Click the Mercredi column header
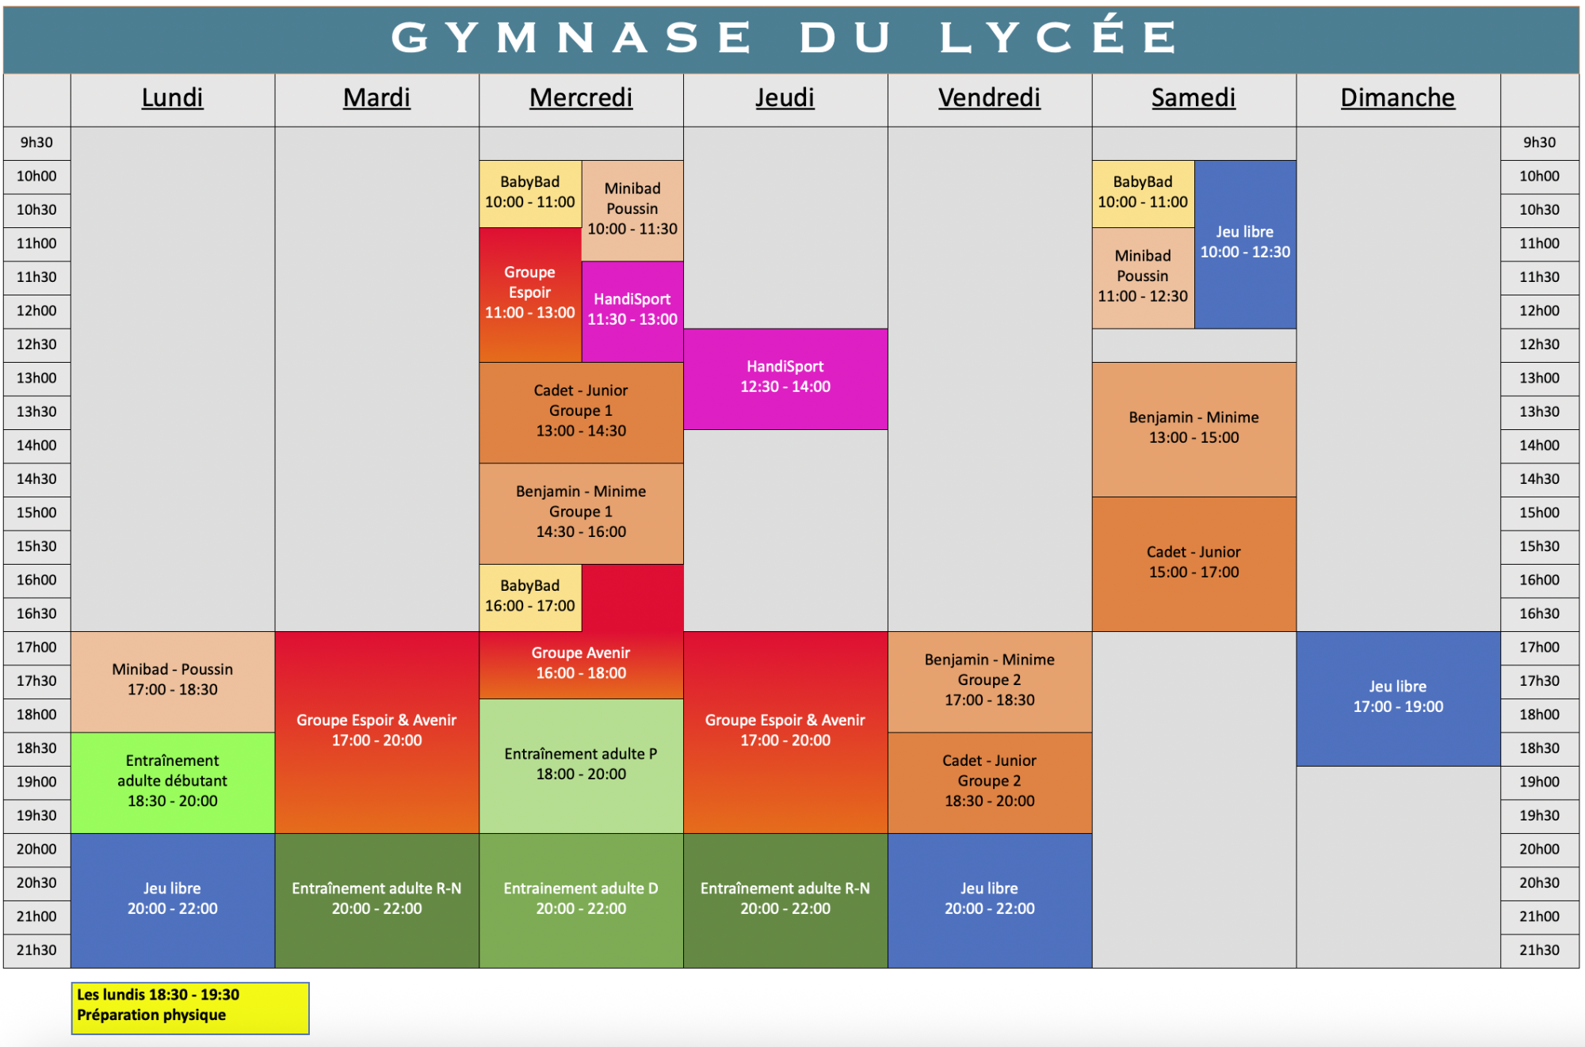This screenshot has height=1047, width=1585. pos(581,97)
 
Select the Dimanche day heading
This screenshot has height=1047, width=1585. pos(1397,97)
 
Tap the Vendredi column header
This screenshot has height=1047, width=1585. pos(989,97)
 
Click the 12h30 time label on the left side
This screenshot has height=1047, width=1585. pos(36,345)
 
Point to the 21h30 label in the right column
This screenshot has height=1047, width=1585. pos(1539,950)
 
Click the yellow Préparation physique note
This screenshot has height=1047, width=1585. pos(190,1008)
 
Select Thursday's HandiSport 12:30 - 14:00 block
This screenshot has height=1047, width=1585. pos(785,379)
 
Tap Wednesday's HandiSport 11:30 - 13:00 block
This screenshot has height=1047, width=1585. pos(632,312)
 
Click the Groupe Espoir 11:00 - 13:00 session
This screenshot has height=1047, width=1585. pos(530,295)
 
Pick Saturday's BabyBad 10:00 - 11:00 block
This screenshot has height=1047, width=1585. pos(1143,194)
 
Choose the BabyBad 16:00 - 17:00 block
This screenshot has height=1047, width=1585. pos(530,598)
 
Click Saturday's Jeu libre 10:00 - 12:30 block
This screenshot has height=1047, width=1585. pos(1245,245)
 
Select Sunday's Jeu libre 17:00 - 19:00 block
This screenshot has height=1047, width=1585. pos(1398,699)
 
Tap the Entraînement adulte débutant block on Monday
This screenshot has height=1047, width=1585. pos(173,782)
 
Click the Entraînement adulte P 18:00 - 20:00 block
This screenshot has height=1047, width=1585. pos(581,766)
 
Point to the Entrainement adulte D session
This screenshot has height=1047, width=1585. pos(581,900)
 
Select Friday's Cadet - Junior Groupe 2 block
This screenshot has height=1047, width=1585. pos(990,782)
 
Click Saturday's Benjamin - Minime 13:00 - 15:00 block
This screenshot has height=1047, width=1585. pos(1194,430)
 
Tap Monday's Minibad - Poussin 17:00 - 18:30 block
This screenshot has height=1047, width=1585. pos(173,682)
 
